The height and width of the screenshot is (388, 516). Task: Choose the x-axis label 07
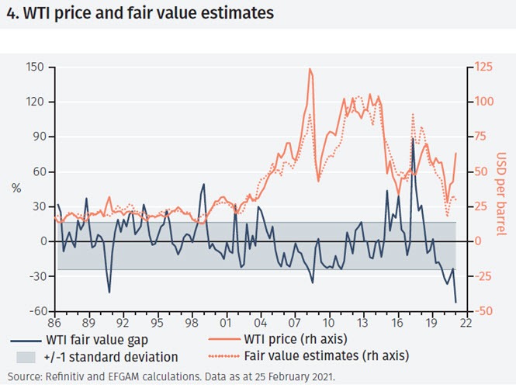(295, 324)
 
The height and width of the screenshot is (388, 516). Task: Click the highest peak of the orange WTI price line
(310, 69)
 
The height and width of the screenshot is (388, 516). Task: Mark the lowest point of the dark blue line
(455, 302)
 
